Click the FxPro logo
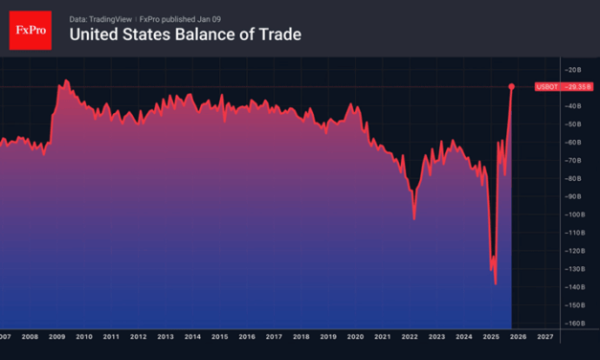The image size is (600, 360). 30,30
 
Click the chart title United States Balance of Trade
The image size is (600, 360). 185,35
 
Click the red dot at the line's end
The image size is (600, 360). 512,87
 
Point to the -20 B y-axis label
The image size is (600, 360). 573,70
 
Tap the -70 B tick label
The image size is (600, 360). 573,160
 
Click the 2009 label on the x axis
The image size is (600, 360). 57,337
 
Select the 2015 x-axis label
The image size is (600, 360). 220,337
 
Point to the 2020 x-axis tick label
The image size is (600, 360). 356,337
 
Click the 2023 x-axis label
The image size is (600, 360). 437,337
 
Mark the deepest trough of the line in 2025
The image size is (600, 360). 496,283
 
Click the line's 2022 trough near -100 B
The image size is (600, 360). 414,218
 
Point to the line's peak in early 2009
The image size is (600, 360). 65,81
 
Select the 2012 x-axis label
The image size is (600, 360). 139,337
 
